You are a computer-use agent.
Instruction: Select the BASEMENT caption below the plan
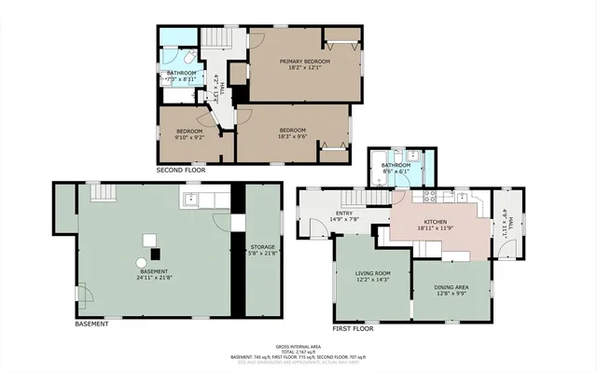[91, 324]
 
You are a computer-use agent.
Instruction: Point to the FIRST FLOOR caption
[354, 328]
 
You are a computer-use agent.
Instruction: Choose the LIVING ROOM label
[372, 273]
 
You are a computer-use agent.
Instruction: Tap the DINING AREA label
[449, 287]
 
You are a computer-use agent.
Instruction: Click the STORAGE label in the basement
[262, 247]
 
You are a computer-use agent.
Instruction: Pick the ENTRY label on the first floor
[344, 214]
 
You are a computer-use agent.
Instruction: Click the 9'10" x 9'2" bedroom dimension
[189, 137]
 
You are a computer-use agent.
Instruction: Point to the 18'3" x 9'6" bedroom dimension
[292, 136]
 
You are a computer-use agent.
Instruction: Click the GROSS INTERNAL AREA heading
[298, 345]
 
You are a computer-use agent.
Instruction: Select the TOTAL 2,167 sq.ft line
[298, 351]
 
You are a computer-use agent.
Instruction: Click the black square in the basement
[155, 253]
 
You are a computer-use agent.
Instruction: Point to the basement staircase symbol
[102, 191]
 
